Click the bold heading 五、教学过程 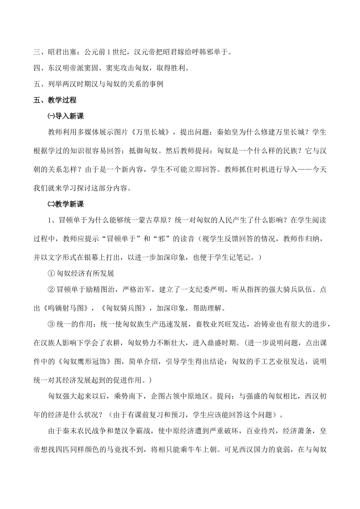(55, 100)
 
